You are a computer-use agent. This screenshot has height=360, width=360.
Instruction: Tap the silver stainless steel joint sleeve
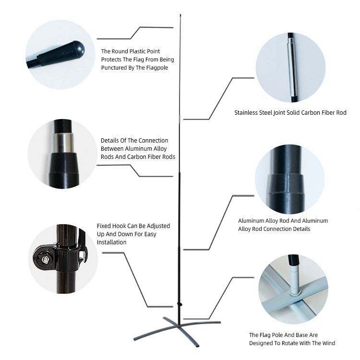[292, 67]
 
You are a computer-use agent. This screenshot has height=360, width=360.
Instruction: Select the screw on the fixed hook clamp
[46, 259]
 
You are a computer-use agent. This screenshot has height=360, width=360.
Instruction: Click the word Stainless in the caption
[246, 113]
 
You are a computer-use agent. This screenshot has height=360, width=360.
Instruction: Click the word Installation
[111, 242]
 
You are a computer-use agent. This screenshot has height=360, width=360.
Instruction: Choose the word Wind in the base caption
[329, 343]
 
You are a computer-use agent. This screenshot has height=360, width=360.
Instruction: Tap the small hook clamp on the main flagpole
[180, 304]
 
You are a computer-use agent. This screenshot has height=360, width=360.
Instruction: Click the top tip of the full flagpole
[180, 15]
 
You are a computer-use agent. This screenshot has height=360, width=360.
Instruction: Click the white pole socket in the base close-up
[294, 279]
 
